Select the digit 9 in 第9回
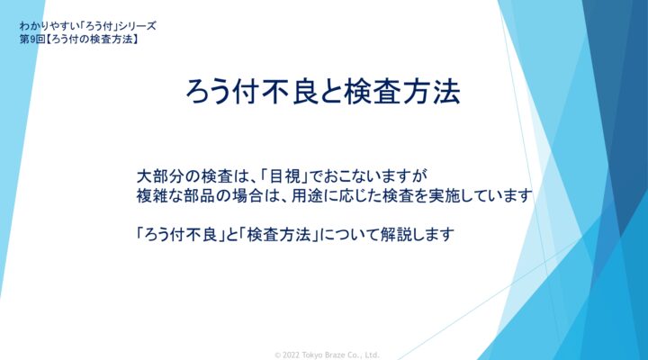point(31,40)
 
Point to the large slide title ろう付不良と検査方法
point(323,91)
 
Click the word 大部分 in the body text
point(160,176)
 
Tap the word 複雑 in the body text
point(152,195)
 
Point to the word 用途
point(307,195)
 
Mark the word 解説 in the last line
point(396,235)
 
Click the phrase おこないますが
point(375,176)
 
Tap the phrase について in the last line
point(349,235)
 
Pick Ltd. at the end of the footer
point(372,355)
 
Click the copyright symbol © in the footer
point(278,355)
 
